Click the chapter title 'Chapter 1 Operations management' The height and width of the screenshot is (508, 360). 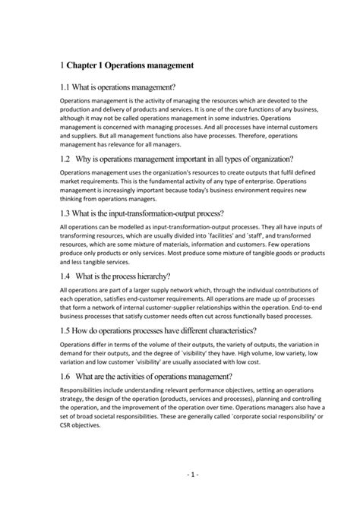click(x=130, y=66)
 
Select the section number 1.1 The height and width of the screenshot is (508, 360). click(x=65, y=90)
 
